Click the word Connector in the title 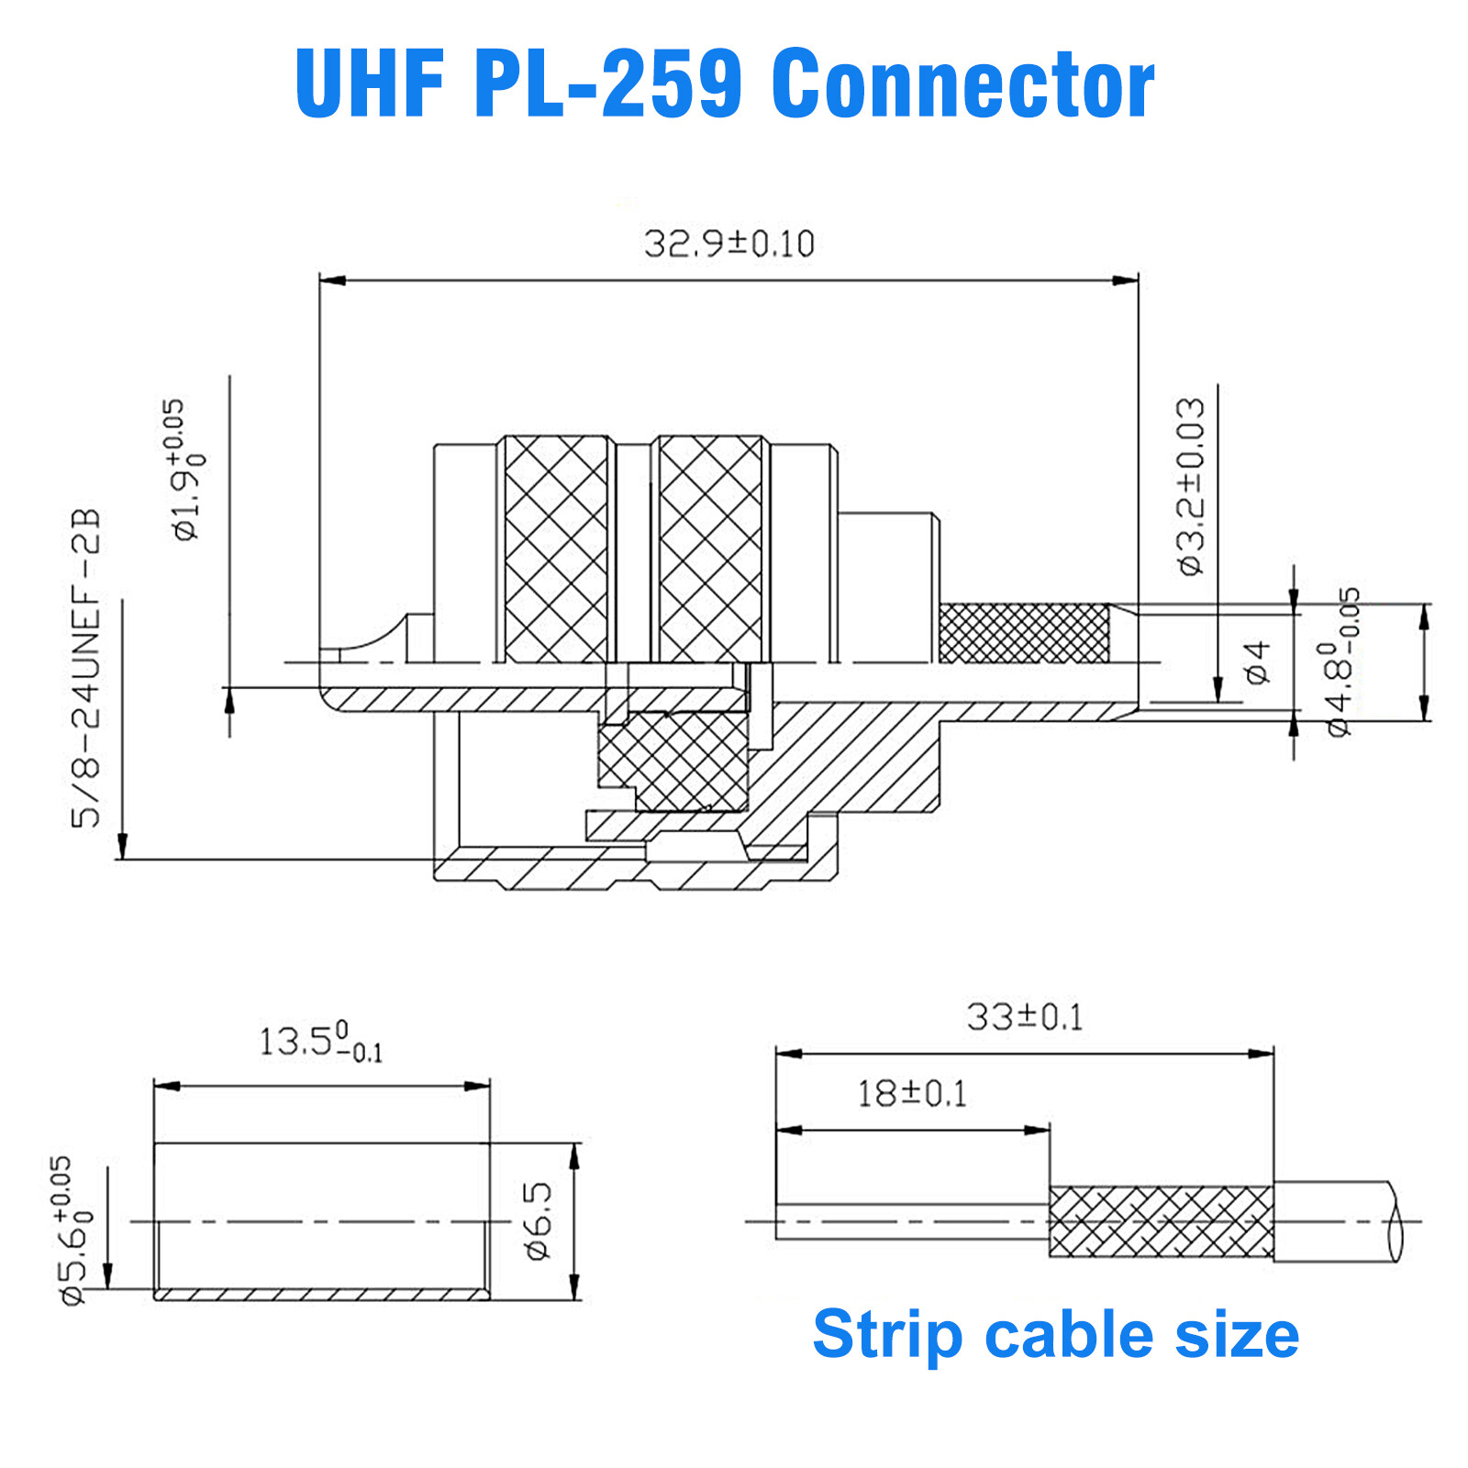tap(962, 84)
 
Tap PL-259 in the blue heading tap(607, 84)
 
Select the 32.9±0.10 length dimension tap(728, 244)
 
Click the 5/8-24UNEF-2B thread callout tap(86, 668)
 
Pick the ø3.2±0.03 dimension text tap(1191, 486)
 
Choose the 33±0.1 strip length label tap(1024, 1018)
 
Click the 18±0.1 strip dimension tap(911, 1094)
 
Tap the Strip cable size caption tap(1055, 1334)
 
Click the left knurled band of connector tap(556, 548)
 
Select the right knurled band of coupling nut tap(710, 548)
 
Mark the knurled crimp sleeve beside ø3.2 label tap(1024, 633)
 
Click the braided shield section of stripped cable tap(1161, 1221)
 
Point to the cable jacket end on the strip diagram tap(1335, 1221)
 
